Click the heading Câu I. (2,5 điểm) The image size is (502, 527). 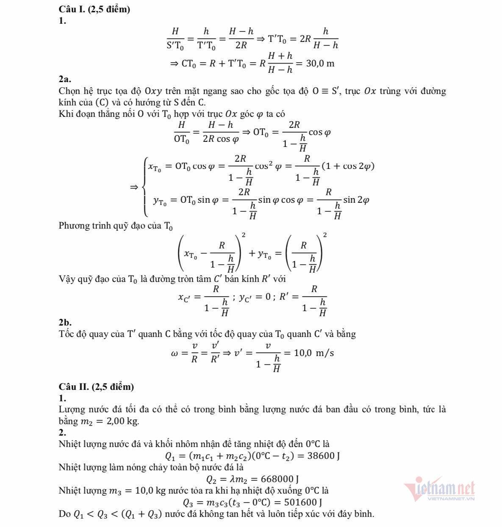tap(94, 9)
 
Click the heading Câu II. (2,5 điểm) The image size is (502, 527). tap(96, 386)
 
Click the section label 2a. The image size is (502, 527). tap(65, 79)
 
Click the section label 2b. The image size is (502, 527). tap(65, 323)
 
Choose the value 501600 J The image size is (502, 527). tap(303, 502)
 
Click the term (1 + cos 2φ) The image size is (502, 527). tap(347, 166)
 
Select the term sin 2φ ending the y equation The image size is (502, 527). tap(356, 200)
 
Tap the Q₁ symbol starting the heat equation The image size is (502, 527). tap(169, 456)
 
